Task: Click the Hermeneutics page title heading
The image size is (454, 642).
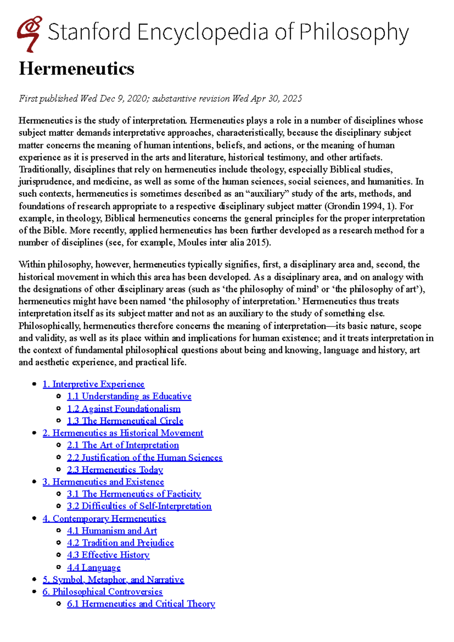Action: [x=76, y=69]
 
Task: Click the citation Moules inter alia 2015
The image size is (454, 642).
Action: [x=222, y=243]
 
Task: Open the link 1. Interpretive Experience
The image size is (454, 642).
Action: [x=93, y=384]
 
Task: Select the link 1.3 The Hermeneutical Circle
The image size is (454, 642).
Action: [x=125, y=421]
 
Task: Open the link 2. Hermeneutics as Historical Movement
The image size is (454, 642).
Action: [x=123, y=433]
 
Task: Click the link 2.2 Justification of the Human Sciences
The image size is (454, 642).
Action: [x=145, y=458]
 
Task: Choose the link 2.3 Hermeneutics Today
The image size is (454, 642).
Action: [x=115, y=470]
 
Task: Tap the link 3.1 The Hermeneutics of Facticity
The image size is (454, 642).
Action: [x=134, y=494]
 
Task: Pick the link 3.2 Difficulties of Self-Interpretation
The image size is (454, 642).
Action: [x=139, y=506]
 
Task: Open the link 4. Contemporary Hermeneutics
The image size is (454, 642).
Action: [x=104, y=519]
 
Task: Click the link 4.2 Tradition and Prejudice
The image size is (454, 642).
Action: [x=120, y=543]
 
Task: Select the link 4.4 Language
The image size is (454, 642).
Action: [x=94, y=567]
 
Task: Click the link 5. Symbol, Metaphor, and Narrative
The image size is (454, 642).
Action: [x=113, y=580]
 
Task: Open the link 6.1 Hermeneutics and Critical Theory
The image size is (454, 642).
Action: [x=141, y=604]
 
